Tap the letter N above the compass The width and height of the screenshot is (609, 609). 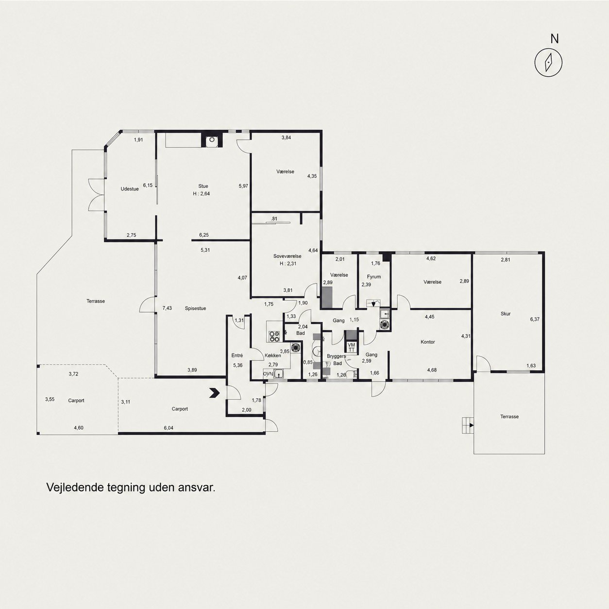click(554, 38)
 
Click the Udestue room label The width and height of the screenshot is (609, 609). click(130, 189)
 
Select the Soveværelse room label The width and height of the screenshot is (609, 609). click(288, 256)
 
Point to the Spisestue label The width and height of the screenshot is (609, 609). click(195, 308)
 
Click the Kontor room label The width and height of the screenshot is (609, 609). click(428, 342)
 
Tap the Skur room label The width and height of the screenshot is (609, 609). click(506, 314)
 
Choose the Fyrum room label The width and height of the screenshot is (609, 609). click(374, 277)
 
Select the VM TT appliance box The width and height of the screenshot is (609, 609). click(352, 347)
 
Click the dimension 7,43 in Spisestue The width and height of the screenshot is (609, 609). click(167, 308)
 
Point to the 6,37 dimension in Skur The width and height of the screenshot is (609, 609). click(535, 319)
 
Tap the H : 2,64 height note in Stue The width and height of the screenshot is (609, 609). click(202, 194)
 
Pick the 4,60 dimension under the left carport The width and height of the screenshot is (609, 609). click(79, 428)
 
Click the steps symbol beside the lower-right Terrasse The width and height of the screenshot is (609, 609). click(468, 425)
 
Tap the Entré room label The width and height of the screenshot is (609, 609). click(237, 355)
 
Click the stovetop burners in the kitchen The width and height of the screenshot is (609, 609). click(274, 337)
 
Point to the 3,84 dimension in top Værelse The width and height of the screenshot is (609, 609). click(286, 137)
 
